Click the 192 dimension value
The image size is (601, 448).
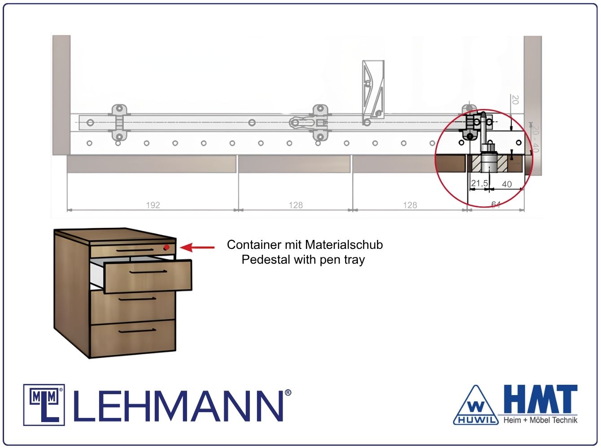[x=153, y=205]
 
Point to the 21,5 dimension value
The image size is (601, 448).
[x=479, y=183]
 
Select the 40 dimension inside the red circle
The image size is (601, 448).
[x=507, y=184]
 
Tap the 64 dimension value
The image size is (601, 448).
[x=496, y=204]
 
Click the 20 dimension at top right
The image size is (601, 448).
[x=515, y=100]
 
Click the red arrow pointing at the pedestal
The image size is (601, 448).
[x=197, y=248]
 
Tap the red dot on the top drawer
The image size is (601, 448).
[x=166, y=248]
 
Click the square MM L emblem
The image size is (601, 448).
[x=44, y=405]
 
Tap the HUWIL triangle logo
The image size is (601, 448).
[x=476, y=406]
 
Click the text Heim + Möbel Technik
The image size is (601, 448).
[x=540, y=420]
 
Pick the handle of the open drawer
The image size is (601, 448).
[x=148, y=272]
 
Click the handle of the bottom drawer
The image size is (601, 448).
[x=137, y=331]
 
